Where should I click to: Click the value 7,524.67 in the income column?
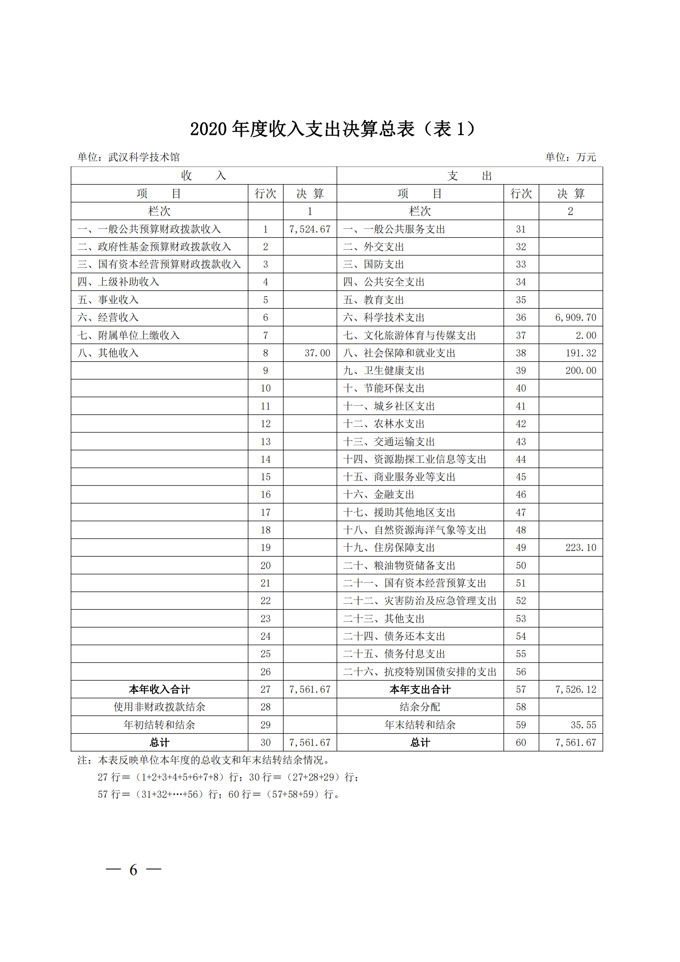pyautogui.click(x=309, y=229)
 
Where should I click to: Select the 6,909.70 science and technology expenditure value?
pyautogui.click(x=575, y=318)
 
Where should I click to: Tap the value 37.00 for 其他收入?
pyautogui.click(x=317, y=353)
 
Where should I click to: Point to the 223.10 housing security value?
pyautogui.click(x=581, y=548)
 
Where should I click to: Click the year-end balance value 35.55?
pyautogui.click(x=583, y=725)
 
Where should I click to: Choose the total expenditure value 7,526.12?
pyautogui.click(x=575, y=689)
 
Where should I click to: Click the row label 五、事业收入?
pyautogui.click(x=108, y=300)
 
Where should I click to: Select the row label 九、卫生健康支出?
pyautogui.click(x=383, y=371)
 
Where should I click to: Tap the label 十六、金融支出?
pyautogui.click(x=379, y=494)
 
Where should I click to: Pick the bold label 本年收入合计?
pyautogui.click(x=159, y=689)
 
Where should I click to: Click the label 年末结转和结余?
pyautogui.click(x=420, y=725)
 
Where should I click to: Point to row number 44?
pyautogui.click(x=521, y=459)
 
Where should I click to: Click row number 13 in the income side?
pyautogui.click(x=265, y=442)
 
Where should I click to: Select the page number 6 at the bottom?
pyautogui.click(x=133, y=870)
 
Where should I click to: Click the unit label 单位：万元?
pyautogui.click(x=570, y=157)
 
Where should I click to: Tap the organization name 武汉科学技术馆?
pyautogui.click(x=144, y=157)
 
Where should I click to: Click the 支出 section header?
pyautogui.click(x=469, y=176)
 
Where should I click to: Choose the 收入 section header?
pyautogui.click(x=203, y=176)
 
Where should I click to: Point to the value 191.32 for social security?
pyautogui.click(x=581, y=353)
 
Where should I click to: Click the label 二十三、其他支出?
pyautogui.click(x=383, y=619)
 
